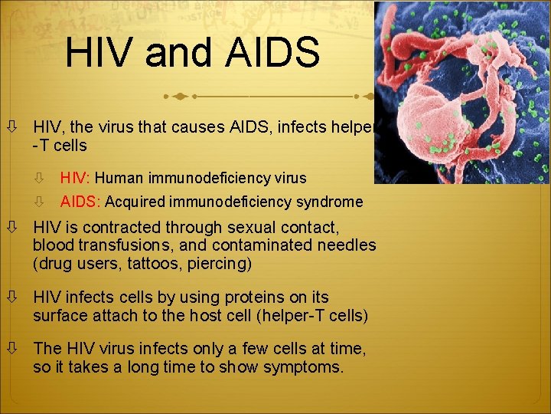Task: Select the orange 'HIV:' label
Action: tap(76, 178)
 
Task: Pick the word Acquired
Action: tap(139, 202)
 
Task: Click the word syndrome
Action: tap(330, 202)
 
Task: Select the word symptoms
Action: tap(303, 366)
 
